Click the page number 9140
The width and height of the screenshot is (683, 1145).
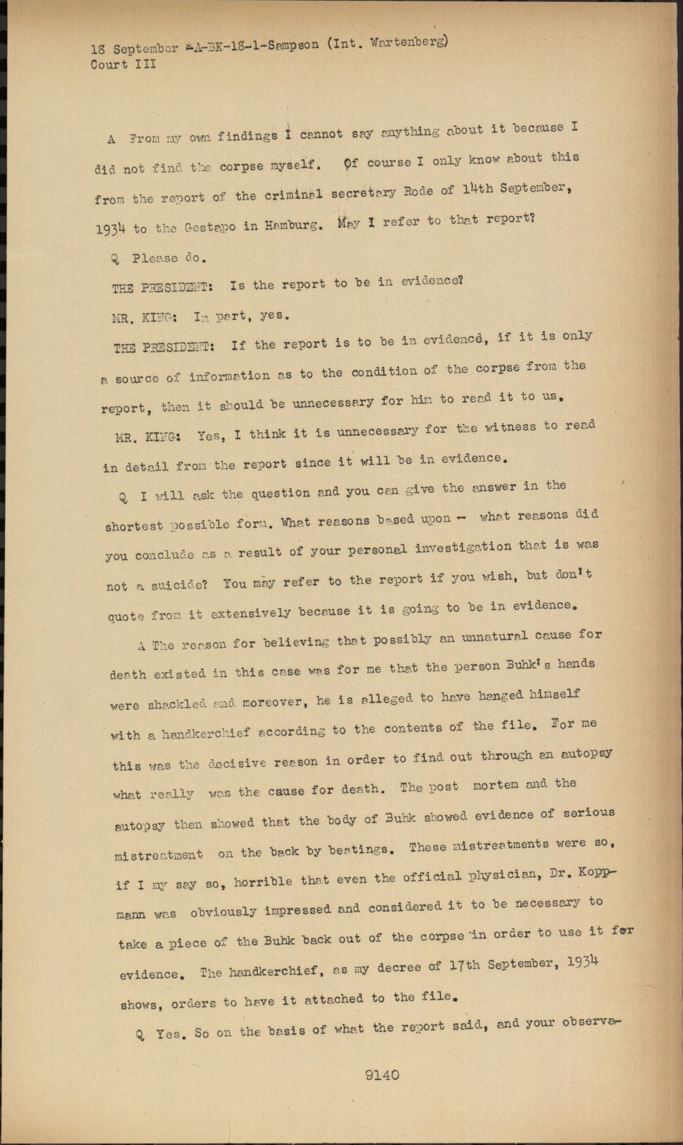click(x=381, y=1074)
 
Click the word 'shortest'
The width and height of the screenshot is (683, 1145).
click(x=134, y=526)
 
